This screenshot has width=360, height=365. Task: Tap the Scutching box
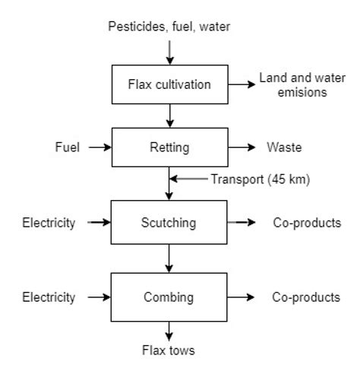(x=169, y=223)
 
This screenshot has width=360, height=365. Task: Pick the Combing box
(x=169, y=297)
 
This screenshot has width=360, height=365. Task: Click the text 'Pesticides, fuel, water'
(x=169, y=28)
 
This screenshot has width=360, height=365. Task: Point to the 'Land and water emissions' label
(x=293, y=84)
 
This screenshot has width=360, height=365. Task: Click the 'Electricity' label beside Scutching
(x=50, y=223)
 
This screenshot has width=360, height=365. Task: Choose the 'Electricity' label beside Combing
(x=50, y=297)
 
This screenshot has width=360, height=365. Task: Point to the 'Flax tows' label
(x=169, y=351)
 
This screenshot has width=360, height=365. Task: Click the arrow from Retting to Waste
(x=241, y=146)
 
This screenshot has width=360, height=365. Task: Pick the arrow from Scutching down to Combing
(x=169, y=260)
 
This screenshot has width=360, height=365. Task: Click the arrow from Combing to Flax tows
(x=169, y=331)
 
